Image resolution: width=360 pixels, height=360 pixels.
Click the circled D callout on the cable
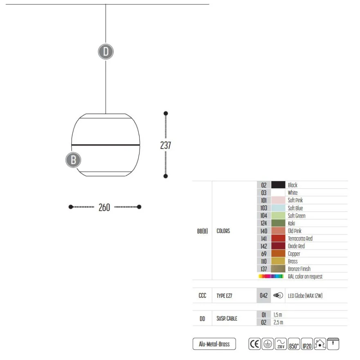coord(106,52)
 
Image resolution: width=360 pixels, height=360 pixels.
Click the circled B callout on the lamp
coord(73,160)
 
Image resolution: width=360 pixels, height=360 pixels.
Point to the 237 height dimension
coord(166,145)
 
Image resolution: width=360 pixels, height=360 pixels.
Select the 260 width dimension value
coord(104,207)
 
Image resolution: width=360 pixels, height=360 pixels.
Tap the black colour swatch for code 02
coord(278,185)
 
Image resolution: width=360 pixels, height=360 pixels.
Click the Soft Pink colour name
coord(295,200)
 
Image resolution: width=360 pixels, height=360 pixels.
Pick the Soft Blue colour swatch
coord(278,208)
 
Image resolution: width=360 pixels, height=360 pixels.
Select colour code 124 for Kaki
coord(263,223)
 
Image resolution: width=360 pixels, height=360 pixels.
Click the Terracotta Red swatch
coord(278,239)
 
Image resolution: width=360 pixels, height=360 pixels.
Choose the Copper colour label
coord(294,254)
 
